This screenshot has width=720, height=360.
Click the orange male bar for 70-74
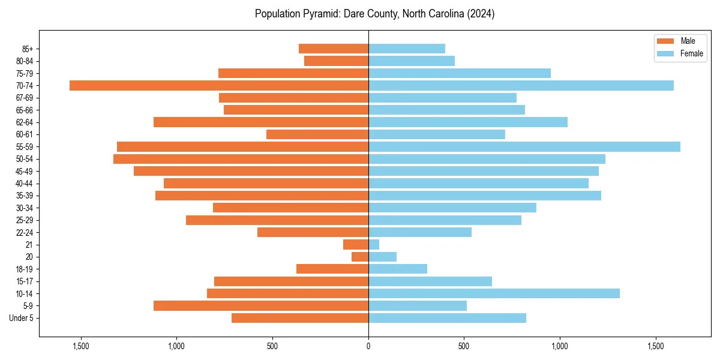click(x=219, y=85)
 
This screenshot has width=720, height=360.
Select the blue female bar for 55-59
click(x=524, y=146)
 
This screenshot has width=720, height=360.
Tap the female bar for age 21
click(x=374, y=244)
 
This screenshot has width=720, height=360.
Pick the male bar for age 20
click(x=360, y=257)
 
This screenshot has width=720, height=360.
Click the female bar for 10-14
click(x=494, y=293)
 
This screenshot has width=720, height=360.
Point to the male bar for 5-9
click(x=261, y=305)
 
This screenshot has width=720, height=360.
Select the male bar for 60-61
click(x=317, y=134)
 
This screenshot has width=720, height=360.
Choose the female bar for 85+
click(x=407, y=49)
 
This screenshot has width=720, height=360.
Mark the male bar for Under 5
click(x=300, y=318)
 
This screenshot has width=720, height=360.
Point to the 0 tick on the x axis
click(x=368, y=346)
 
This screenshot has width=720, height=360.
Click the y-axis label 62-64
click(x=25, y=122)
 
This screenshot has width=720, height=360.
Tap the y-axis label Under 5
click(x=22, y=318)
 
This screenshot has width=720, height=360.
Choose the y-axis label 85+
click(x=27, y=49)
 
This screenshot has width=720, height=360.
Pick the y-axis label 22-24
click(x=25, y=232)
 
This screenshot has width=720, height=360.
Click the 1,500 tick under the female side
click(x=656, y=346)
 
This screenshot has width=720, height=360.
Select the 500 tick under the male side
click(x=272, y=346)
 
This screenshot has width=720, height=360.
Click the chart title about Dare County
click(x=374, y=14)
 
